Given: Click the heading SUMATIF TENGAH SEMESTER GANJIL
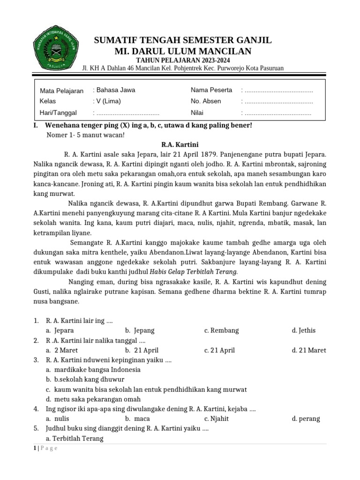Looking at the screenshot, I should (183, 40).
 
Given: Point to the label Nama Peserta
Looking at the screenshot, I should (211, 90).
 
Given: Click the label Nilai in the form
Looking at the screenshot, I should (199, 112).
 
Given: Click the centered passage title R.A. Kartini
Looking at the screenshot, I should (180, 144).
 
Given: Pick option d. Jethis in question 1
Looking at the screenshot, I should (303, 330).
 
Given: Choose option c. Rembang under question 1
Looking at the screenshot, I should (221, 330).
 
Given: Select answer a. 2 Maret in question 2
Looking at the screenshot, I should (62, 350).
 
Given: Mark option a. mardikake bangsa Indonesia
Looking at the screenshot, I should (93, 369).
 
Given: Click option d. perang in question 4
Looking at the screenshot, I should (306, 419).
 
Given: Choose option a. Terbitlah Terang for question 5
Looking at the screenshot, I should (75, 439).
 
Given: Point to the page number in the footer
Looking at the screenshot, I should (35, 448).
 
